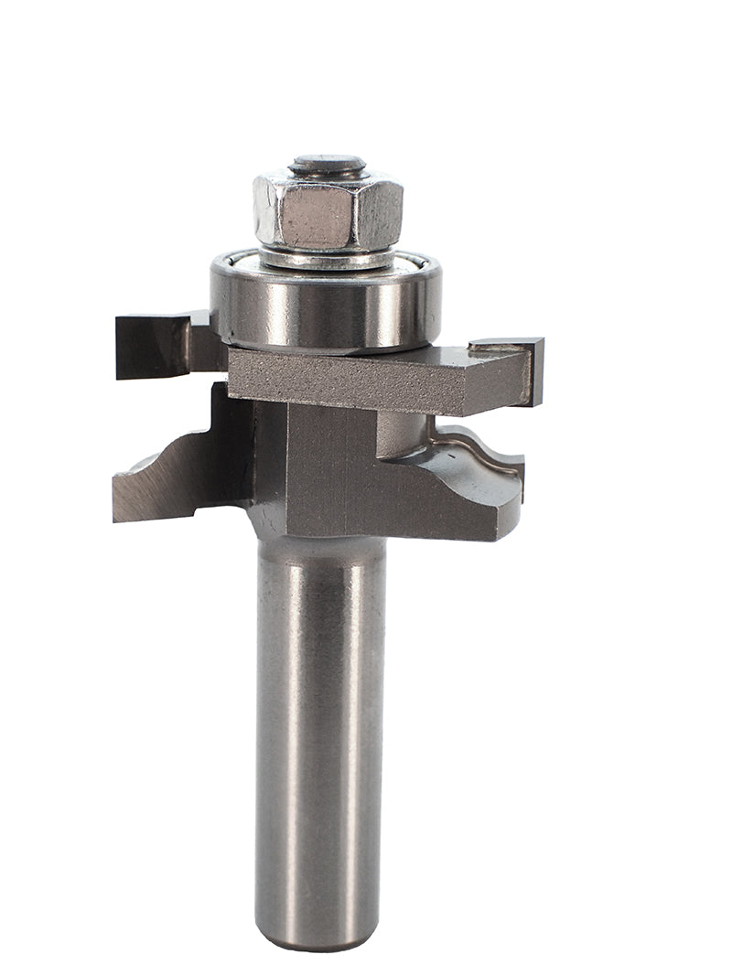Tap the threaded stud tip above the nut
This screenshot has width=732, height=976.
tap(328, 166)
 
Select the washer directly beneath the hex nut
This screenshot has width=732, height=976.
tap(328, 257)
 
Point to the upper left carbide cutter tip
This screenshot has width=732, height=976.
tap(151, 345)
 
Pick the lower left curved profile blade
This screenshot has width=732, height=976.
tap(174, 476)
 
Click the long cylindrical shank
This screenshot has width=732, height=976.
tap(319, 732)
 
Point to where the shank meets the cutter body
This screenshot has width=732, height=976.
tap(319, 540)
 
